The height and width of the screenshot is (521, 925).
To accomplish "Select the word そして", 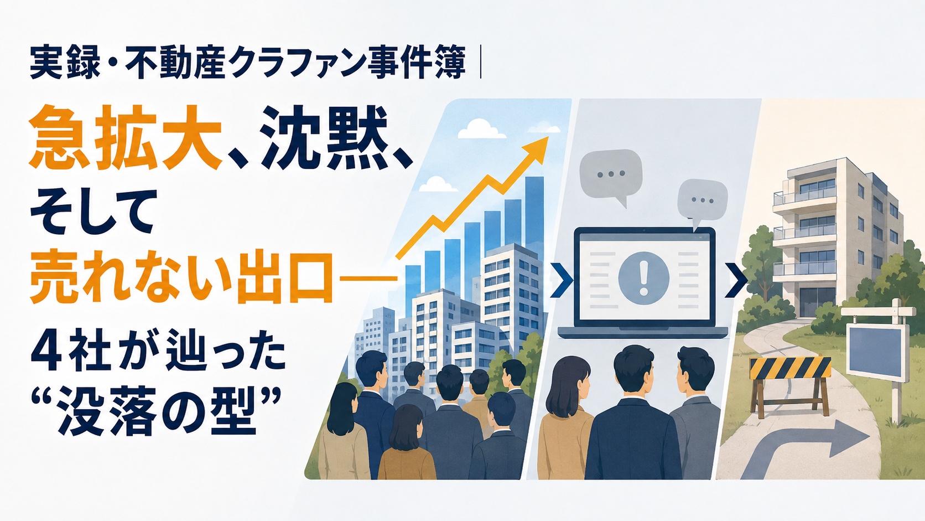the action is click(92, 217).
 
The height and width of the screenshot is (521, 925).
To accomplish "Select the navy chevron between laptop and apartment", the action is click(737, 281).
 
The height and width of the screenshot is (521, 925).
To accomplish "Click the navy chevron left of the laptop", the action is click(563, 281).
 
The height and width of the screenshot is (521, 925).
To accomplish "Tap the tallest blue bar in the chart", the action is click(535, 215).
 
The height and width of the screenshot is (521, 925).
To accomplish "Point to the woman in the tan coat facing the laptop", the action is click(565, 417).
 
